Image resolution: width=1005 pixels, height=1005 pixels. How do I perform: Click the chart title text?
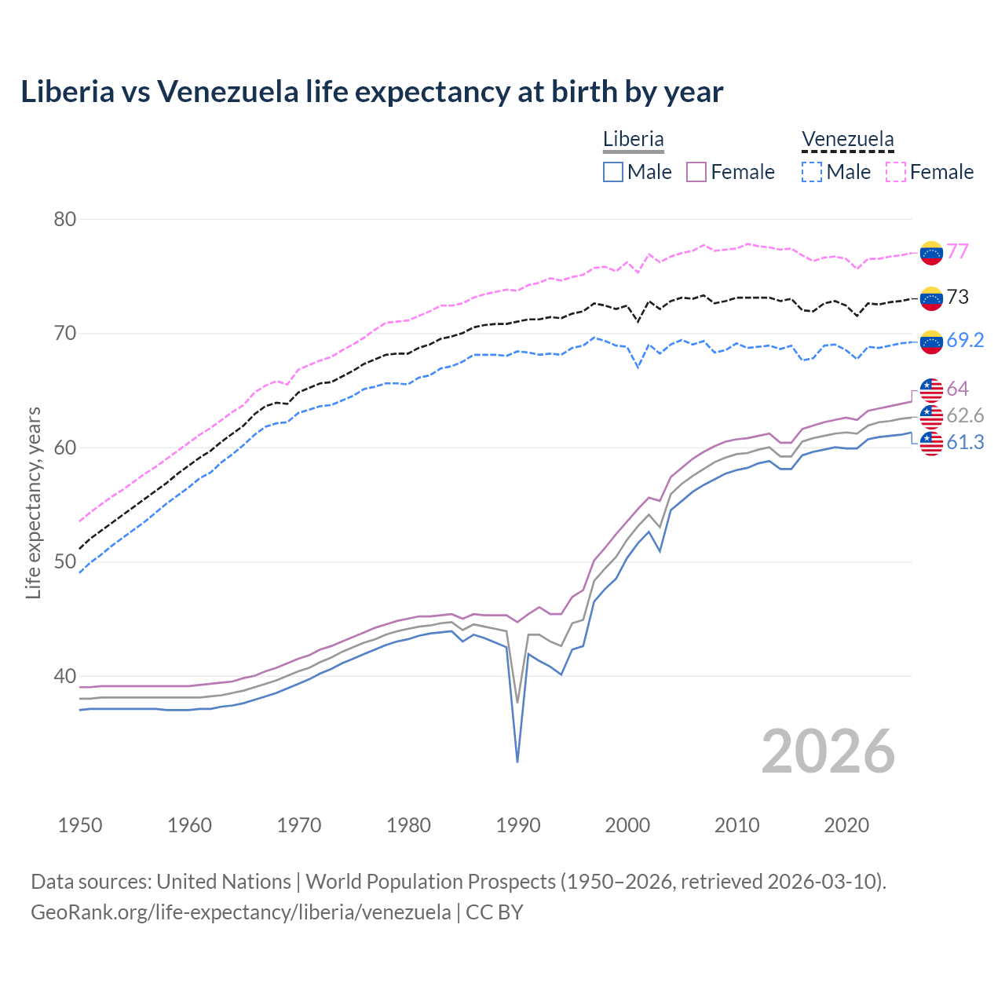coord(371,92)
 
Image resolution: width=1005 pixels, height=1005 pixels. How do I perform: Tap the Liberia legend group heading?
coord(633,139)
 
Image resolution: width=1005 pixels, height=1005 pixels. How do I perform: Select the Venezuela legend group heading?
coord(847,139)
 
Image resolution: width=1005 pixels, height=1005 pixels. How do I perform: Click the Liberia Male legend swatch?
coord(613,172)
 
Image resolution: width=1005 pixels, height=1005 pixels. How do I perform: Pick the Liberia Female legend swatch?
coord(697,172)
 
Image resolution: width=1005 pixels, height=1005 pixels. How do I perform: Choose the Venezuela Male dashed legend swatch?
coord(812,172)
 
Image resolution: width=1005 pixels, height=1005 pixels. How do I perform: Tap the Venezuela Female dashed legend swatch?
coord(896,172)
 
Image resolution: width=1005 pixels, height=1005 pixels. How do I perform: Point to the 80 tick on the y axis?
coord(64,219)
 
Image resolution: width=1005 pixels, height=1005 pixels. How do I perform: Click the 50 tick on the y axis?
coord(64,562)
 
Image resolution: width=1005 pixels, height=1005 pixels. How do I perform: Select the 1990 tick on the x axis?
coord(518,825)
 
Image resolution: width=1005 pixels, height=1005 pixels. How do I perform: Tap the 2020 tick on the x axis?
coord(846,825)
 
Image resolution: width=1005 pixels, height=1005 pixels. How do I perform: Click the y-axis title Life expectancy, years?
coord(33,502)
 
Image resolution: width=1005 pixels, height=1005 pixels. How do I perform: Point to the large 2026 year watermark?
coord(828,751)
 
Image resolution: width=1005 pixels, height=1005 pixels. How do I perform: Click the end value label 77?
coord(957,251)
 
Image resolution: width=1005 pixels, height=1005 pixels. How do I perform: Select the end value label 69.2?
coord(965,340)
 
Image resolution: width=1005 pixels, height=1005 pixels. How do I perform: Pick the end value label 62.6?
coord(965,415)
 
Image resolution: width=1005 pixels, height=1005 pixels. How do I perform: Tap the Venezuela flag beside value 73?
coord(931,298)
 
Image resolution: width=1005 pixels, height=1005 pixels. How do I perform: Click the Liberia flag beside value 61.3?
coord(931,443)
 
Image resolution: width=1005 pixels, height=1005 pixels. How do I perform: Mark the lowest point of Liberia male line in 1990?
coord(517,761)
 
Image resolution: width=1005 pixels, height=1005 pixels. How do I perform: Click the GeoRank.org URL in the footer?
coord(240,912)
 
